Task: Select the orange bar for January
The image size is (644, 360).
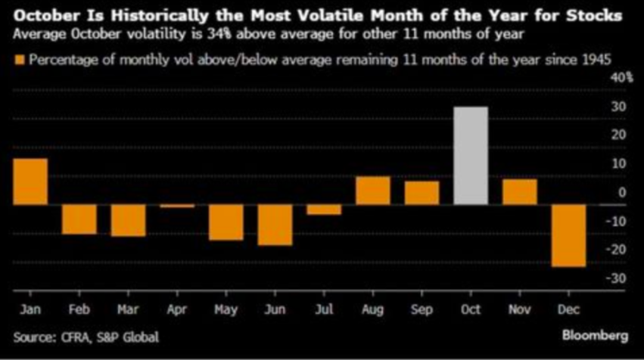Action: tap(30, 182)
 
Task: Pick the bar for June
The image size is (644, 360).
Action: tap(274, 225)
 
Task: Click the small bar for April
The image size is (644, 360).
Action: tap(176, 206)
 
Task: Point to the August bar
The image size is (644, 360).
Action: tap(373, 190)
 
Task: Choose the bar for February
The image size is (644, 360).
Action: tap(79, 219)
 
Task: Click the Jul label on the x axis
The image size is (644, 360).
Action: tap(322, 310)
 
